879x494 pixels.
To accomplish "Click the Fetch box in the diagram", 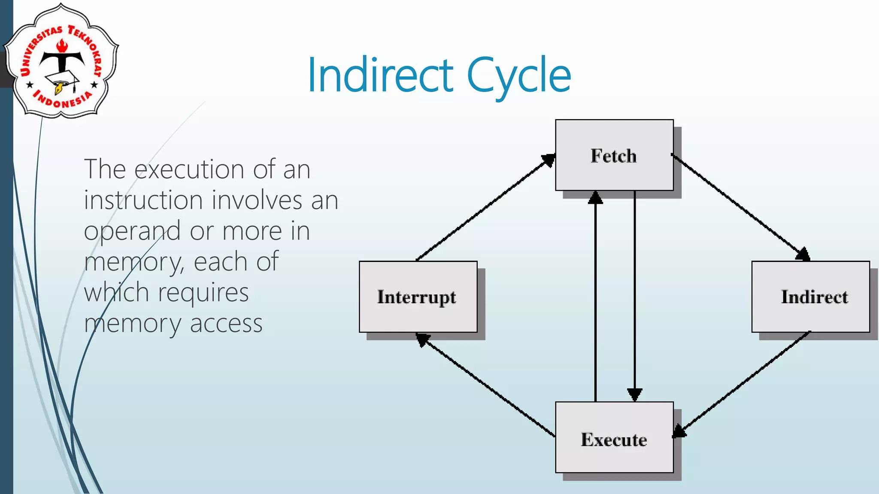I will coord(614,155).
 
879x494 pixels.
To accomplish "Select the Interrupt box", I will coord(418,297).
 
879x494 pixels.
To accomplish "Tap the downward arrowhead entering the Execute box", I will coord(635,394).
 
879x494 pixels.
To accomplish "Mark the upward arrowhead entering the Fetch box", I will coord(595,198).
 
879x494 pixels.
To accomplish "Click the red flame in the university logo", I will coord(63,46).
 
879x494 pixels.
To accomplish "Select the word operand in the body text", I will coord(132,231).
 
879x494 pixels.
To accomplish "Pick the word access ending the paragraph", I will coord(226,324).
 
